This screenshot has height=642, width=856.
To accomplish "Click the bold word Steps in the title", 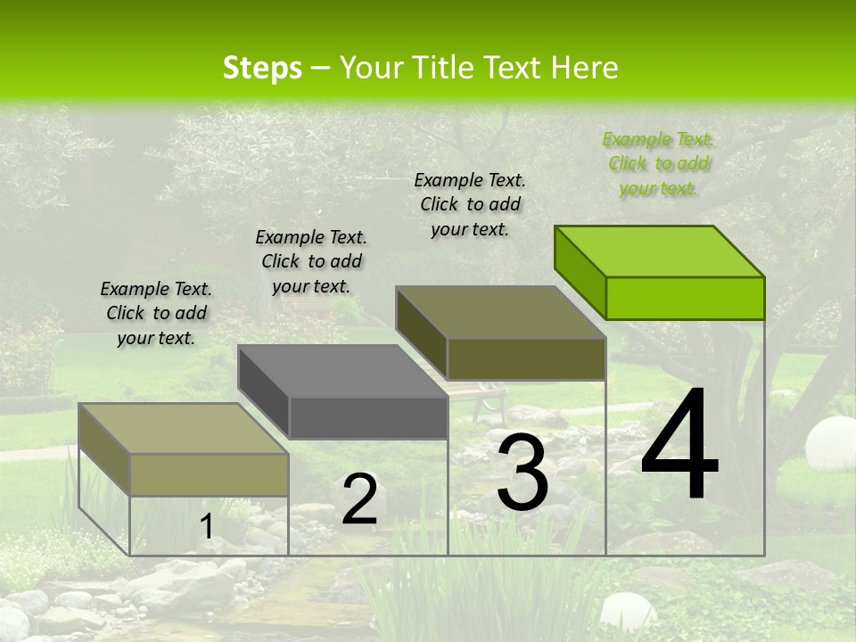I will (x=262, y=68).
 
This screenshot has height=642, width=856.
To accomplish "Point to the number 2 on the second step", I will (x=359, y=498).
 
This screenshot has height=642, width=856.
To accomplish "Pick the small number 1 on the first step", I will (x=207, y=526).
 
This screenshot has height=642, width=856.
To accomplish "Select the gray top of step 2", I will (x=342, y=371).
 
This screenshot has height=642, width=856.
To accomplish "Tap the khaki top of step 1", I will (x=184, y=429).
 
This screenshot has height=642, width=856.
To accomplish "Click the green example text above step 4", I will (x=658, y=163).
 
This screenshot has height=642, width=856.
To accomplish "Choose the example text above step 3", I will (x=470, y=204).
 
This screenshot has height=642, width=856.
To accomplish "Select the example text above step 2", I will (x=311, y=261).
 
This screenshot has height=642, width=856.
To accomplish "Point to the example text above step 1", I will (x=156, y=313).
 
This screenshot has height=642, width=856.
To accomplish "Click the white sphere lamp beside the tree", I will (x=829, y=442).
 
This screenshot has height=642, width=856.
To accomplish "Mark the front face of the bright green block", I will (x=685, y=298).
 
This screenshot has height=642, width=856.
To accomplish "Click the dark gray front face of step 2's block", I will (x=368, y=417).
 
